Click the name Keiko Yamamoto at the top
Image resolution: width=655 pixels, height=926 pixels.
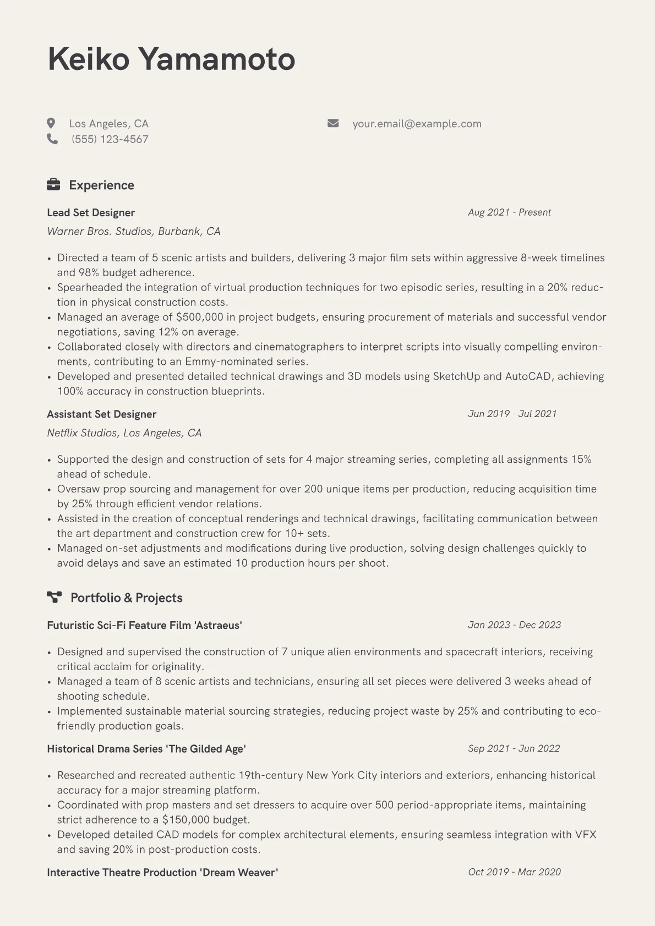(x=171, y=59)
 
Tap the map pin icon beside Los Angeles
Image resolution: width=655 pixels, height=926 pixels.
(x=51, y=123)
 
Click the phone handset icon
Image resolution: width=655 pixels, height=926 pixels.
(x=52, y=139)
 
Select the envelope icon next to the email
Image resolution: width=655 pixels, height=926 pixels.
(x=333, y=123)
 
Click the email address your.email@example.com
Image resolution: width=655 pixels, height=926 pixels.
(x=417, y=124)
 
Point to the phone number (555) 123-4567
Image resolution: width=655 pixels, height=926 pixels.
(x=110, y=139)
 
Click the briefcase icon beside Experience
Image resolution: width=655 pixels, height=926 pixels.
(x=53, y=185)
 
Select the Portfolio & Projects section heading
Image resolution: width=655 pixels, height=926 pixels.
(x=126, y=598)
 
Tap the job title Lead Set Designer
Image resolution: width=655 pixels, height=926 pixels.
(x=91, y=213)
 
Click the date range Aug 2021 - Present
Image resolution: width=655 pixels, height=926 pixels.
(x=509, y=212)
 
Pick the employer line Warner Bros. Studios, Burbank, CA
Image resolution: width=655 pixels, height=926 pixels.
(x=134, y=232)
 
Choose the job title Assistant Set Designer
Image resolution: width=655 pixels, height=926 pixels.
(x=102, y=414)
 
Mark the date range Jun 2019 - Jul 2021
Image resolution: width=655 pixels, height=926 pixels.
(x=512, y=414)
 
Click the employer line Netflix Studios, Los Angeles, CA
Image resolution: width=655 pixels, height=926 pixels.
(x=124, y=433)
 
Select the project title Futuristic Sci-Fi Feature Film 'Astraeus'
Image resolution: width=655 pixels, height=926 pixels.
(x=144, y=626)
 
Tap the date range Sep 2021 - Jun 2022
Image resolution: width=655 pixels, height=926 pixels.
(x=514, y=748)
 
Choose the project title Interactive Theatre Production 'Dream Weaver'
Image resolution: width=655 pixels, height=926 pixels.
(x=162, y=873)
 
